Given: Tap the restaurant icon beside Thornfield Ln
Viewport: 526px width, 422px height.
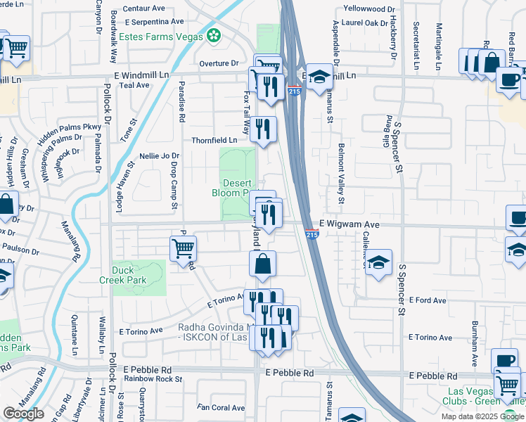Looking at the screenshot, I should tap(264, 129).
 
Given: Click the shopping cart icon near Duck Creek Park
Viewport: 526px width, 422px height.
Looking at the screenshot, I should tap(183, 248).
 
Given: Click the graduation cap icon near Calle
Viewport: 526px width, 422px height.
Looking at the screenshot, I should tap(379, 262).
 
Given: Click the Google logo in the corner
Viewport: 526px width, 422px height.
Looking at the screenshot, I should tap(23, 414).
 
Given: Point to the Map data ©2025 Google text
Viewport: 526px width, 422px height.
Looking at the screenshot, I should tap(482, 416).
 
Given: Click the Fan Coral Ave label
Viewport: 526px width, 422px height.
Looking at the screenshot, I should tap(220, 407).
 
